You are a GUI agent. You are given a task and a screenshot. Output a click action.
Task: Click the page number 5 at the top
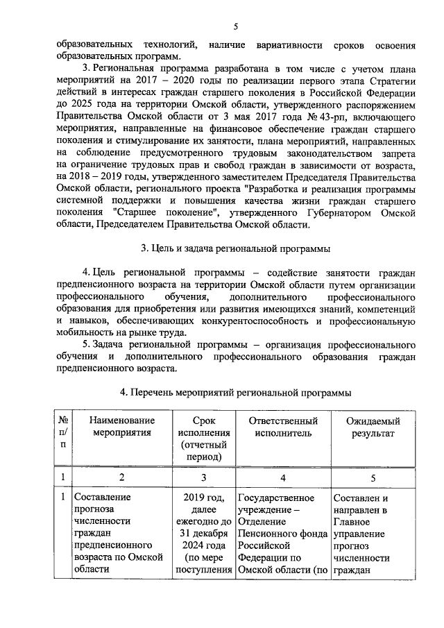pyautogui.click(x=236, y=27)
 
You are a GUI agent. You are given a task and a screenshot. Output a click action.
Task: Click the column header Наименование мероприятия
pyautogui.click(x=121, y=427)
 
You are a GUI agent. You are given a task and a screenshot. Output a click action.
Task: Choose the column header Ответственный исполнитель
pyautogui.click(x=277, y=427)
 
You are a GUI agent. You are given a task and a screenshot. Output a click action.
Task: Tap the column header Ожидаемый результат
pyautogui.click(x=371, y=427)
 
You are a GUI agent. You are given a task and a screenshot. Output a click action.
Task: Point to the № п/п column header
pyautogui.click(x=63, y=433)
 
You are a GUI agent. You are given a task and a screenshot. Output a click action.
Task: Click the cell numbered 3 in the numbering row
pyautogui.click(x=204, y=477)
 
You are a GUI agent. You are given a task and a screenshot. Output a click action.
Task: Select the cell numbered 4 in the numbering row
pyautogui.click(x=283, y=477)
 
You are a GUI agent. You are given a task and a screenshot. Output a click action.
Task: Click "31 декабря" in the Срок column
pyautogui.click(x=203, y=533)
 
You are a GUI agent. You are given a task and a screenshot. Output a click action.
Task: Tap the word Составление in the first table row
pyautogui.click(x=101, y=498)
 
